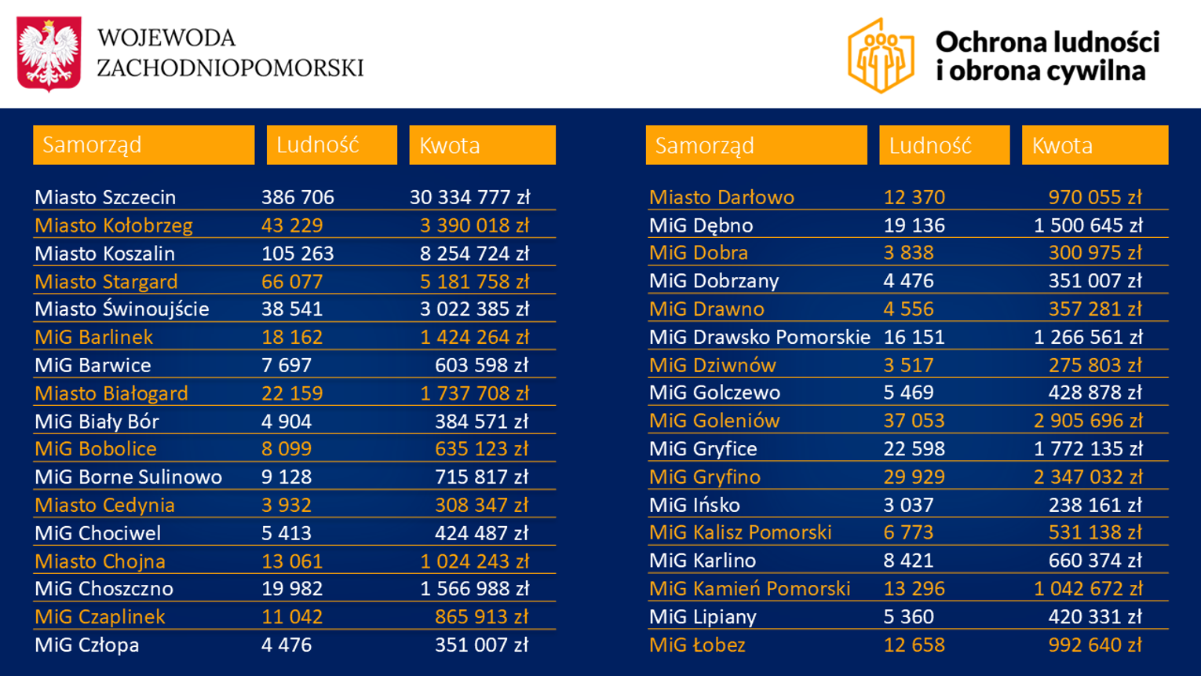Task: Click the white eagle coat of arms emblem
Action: pos(49,53)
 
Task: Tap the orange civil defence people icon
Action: pos(881,56)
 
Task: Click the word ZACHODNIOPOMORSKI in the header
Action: pos(230,68)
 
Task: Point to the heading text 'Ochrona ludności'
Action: pos(1047,42)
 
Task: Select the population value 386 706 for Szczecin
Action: pos(298,197)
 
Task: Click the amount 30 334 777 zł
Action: pos(469,197)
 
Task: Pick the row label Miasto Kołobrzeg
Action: pos(114,225)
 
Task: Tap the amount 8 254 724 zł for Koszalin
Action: pos(474,254)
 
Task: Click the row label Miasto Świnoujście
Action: pos(122,309)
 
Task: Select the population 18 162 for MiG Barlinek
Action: pos(292,337)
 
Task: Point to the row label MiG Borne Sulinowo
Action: pos(128,477)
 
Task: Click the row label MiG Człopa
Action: pos(87,645)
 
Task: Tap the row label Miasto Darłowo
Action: pos(721,197)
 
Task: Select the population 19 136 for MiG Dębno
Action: pos(914,225)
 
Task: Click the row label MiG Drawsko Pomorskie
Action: pos(759,337)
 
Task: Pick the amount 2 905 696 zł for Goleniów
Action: pos(1087,420)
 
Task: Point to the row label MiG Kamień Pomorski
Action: pos(750,588)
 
